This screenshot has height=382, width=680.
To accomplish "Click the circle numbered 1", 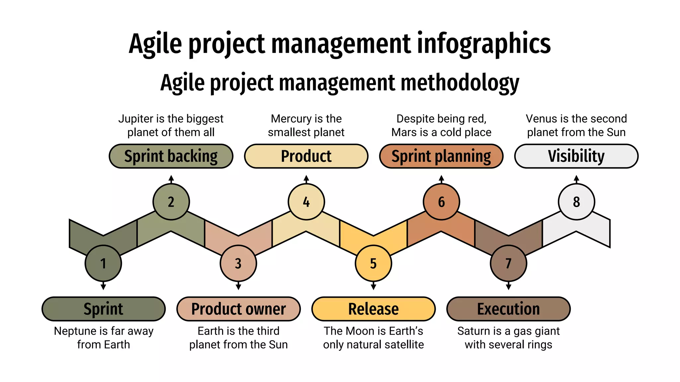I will pyautogui.click(x=103, y=263).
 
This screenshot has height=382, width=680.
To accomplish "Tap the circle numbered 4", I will pyautogui.click(x=306, y=202).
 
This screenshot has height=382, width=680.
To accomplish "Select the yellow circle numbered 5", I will pyautogui.click(x=373, y=263).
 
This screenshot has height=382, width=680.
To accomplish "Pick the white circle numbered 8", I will pyautogui.click(x=576, y=202).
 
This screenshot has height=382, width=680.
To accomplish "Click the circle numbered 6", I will pyautogui.click(x=441, y=202).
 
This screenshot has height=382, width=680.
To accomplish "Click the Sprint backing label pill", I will pyautogui.click(x=171, y=156).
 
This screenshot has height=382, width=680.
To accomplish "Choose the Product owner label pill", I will pyautogui.click(x=238, y=309).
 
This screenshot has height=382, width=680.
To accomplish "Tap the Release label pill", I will pyautogui.click(x=373, y=309).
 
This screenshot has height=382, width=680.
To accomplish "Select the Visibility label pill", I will pyautogui.click(x=576, y=156).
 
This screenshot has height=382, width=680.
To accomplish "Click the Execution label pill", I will pyautogui.click(x=508, y=309).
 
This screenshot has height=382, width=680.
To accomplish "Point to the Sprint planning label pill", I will pyautogui.click(x=441, y=156).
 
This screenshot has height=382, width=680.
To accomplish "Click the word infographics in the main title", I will pyautogui.click(x=484, y=44).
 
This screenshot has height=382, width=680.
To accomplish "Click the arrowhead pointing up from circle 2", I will pyautogui.click(x=171, y=178).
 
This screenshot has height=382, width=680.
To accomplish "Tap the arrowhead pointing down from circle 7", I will pyautogui.click(x=508, y=286).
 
